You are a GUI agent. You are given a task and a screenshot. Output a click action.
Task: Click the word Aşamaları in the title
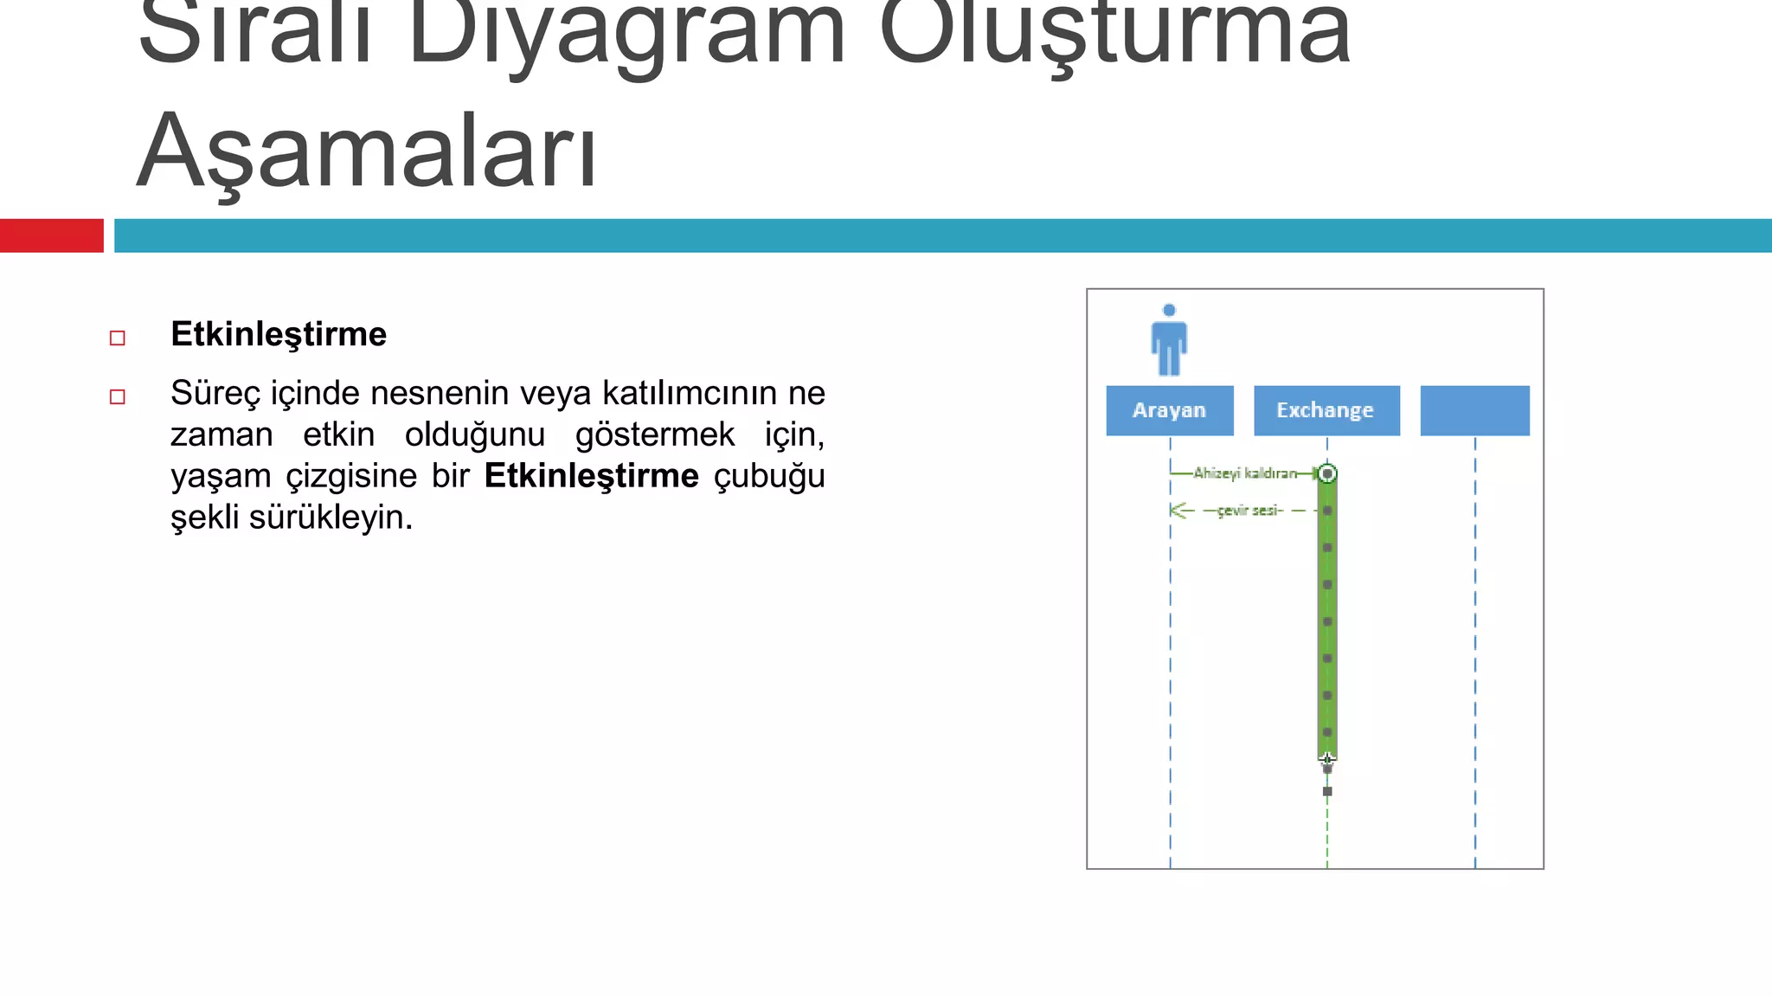tap(367, 151)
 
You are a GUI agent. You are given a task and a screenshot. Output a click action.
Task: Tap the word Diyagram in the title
tap(626, 35)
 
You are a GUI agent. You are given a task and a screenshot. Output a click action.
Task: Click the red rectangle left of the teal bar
tap(51, 235)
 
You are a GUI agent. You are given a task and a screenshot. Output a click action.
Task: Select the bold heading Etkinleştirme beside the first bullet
tap(279, 334)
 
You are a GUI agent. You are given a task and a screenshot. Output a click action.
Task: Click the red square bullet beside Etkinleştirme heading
tap(118, 338)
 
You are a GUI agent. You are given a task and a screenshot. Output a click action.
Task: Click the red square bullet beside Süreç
tap(118, 396)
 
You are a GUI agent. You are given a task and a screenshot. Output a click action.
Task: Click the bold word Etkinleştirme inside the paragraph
tap(591, 476)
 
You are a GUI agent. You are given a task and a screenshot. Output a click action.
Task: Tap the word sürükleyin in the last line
tap(331, 518)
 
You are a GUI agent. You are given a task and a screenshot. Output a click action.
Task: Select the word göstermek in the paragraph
tap(655, 434)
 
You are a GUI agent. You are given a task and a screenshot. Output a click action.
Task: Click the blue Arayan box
tap(1169, 410)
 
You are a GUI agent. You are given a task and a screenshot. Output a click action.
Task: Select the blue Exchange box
tap(1326, 410)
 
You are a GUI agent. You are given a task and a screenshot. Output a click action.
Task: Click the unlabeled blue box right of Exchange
tap(1474, 410)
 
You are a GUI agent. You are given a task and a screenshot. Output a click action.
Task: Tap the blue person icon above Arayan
tap(1169, 341)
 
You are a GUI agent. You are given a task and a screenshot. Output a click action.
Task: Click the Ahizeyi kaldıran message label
tap(1245, 473)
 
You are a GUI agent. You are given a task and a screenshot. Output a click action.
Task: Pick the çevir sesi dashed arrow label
tap(1249, 511)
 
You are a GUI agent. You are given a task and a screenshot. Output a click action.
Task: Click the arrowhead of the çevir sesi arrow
tap(1177, 511)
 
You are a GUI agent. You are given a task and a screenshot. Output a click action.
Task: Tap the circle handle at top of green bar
tap(1327, 473)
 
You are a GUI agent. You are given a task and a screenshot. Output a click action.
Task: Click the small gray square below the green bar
tap(1327, 791)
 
